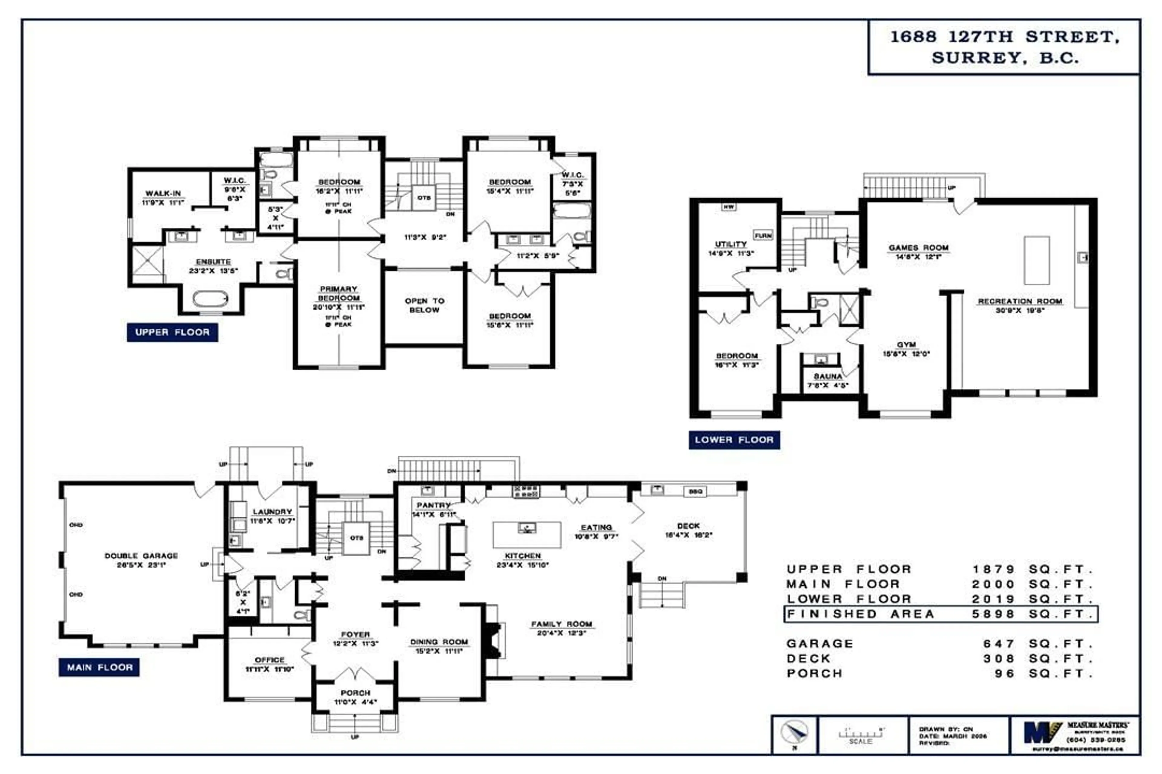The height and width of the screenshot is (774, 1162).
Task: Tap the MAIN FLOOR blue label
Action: tap(99, 667)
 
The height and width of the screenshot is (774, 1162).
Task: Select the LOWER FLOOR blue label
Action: tap(734, 440)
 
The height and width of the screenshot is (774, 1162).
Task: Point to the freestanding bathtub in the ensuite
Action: tap(211, 299)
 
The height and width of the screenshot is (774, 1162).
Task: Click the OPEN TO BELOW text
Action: tap(424, 305)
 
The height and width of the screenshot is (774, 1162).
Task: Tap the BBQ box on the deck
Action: tap(695, 492)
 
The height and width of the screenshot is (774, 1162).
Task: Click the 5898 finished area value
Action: tap(993, 614)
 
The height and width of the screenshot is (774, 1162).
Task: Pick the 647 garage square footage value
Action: tap(999, 644)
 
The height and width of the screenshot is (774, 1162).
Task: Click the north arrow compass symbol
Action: tap(794, 733)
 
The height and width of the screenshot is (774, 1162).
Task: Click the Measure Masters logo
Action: tap(1042, 733)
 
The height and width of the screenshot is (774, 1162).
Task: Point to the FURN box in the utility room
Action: tap(763, 236)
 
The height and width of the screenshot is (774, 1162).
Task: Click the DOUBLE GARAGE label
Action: tap(141, 556)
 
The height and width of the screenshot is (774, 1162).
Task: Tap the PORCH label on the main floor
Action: tap(355, 693)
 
